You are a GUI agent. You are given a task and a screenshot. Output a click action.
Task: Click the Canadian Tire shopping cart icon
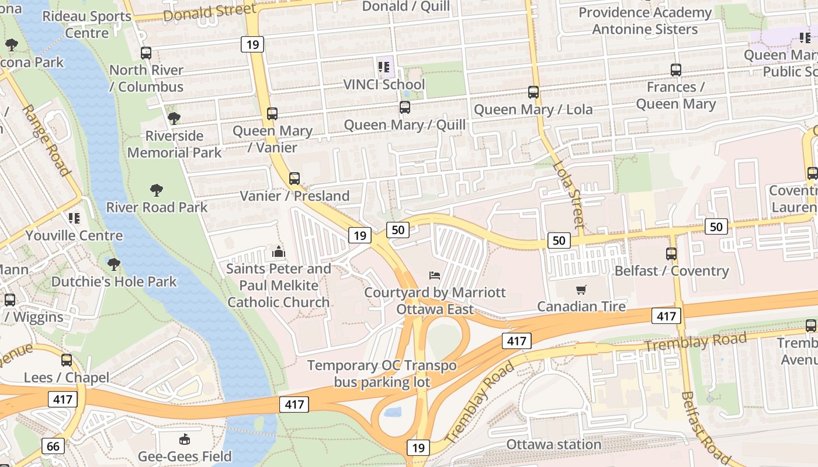coord(581,290)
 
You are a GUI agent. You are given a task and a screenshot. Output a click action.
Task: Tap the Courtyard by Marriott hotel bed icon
coord(434,276)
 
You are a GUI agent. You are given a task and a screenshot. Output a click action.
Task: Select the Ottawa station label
coord(553,445)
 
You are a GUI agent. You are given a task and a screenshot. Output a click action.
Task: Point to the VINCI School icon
coord(384,68)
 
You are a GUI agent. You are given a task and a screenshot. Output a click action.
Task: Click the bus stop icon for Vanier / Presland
coord(294,179)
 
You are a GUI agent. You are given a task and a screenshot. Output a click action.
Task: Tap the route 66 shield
coord(53,447)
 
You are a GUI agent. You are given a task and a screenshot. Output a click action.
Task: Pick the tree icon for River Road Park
coord(156,190)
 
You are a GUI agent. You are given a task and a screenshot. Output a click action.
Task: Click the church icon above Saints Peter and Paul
coord(278,252)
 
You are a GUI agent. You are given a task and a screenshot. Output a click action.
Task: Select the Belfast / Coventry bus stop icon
coord(671,254)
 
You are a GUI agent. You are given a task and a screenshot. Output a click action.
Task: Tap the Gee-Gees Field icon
coord(185,440)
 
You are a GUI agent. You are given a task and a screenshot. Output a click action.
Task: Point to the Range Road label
coord(47,140)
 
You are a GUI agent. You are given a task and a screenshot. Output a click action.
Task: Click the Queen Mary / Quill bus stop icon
coord(404,107)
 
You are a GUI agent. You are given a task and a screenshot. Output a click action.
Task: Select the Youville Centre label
coord(74,236)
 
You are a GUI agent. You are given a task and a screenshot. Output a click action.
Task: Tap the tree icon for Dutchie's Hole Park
coord(114,264)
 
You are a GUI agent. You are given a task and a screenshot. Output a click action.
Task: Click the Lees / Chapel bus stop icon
coord(67,360)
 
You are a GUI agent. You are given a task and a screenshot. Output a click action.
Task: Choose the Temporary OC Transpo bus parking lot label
coord(382,374)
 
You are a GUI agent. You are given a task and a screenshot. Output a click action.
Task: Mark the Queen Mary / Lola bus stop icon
coord(533,92)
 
